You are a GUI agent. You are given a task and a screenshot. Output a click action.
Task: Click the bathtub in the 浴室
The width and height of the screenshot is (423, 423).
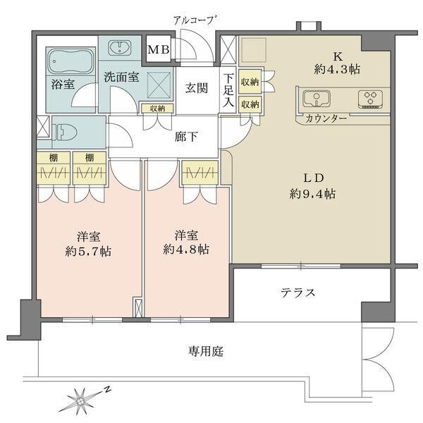71,62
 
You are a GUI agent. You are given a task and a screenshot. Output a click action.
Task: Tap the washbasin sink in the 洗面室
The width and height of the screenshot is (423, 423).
120,48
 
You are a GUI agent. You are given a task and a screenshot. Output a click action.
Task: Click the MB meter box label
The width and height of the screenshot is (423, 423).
159,50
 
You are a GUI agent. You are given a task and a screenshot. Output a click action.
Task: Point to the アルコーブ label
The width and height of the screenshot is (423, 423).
195,20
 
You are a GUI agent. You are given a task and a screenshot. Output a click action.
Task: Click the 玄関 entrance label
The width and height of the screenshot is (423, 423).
197,88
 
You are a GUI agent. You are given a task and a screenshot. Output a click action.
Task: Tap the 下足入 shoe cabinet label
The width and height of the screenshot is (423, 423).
228,90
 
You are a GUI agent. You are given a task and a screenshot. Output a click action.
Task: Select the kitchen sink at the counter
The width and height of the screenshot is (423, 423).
317,99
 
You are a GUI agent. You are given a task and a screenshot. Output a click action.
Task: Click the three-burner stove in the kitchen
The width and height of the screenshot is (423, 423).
371,99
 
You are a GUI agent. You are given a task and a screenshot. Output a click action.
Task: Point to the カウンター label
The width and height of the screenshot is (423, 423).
326,118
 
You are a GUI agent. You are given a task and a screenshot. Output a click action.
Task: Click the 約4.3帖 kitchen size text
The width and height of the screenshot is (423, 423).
337,70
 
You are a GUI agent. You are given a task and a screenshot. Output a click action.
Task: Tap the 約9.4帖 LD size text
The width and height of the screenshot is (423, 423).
313,193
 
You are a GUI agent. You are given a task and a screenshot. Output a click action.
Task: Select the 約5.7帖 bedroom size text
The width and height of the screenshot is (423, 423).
88,252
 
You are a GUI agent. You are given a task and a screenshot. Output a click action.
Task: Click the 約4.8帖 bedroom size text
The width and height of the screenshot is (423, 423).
186,250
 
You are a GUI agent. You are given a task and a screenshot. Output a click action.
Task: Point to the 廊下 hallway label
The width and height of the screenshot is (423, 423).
186,137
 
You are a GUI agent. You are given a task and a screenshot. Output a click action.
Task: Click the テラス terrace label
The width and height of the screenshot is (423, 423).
298,293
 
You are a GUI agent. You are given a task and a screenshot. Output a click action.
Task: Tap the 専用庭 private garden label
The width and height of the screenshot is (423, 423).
206,351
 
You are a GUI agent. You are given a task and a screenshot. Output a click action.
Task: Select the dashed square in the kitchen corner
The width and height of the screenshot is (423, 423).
254,49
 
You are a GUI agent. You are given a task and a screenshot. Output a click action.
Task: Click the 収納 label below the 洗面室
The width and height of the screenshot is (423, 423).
157,109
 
